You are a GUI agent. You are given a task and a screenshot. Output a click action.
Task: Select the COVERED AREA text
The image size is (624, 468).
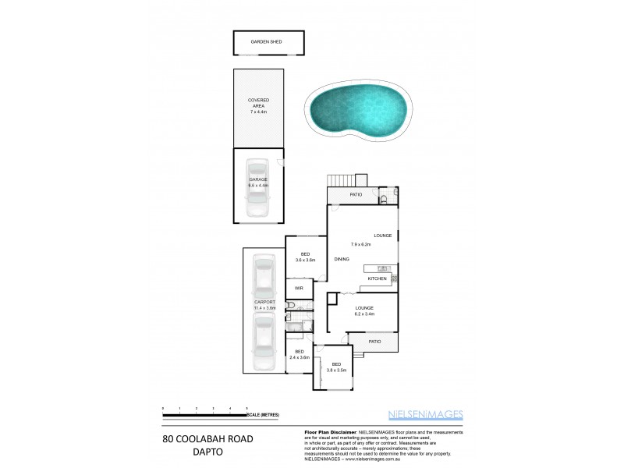pos(258,103)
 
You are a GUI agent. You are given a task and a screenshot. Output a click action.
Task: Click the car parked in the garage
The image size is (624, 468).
pos(257,190)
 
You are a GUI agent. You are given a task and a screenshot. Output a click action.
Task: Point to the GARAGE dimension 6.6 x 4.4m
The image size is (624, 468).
pos(258,186)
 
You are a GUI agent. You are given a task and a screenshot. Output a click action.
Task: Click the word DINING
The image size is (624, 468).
pos(342,258)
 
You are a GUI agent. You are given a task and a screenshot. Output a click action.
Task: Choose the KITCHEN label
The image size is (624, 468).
pos(378,278)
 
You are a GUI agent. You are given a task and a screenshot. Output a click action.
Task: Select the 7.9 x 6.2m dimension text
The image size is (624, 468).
pos(360,245)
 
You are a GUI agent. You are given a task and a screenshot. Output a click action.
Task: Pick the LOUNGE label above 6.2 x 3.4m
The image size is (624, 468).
pos(365,307)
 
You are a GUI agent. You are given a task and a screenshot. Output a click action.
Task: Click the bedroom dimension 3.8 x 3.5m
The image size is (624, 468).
pos(337,371)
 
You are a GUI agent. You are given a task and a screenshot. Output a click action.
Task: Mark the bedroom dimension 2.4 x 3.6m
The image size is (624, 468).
pos(300,357)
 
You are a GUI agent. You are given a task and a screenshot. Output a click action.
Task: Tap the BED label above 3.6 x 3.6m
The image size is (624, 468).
pos(305,253)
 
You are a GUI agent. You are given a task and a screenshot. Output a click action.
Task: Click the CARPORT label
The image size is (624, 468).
pos(265,302)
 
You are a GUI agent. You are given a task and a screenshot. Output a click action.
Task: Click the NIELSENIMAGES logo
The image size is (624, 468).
pos(427,414)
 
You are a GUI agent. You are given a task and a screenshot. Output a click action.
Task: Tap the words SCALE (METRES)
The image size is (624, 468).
pos(262,415)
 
